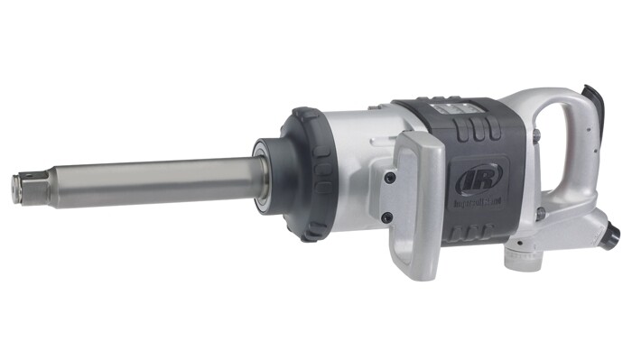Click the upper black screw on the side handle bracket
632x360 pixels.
coord(390,178)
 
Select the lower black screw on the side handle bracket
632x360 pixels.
coord(386,217)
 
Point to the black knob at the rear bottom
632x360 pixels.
coord(611,236)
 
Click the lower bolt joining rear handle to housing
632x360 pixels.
coord(540,214)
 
